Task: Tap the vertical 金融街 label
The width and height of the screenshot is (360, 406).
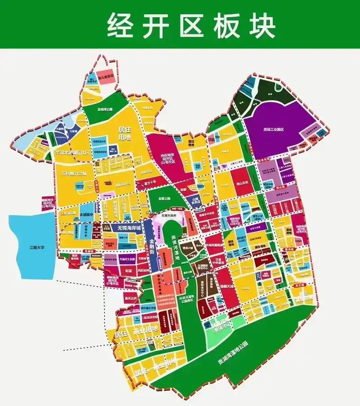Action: click(x=152, y=252)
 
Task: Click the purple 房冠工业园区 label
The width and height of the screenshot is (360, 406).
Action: click(x=274, y=129)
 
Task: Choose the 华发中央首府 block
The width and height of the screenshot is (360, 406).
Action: click(x=218, y=261)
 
